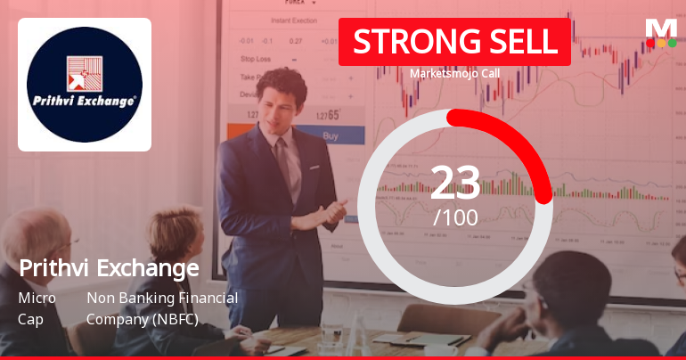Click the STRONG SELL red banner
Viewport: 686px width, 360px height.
[x=454, y=42]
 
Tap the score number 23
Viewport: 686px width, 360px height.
[x=455, y=183]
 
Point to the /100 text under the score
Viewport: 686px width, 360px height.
[x=455, y=217]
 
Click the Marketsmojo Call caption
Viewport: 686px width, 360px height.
[x=454, y=74]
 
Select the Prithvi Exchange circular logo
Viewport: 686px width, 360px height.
[x=85, y=84]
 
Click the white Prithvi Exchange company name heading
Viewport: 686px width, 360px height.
[x=109, y=267]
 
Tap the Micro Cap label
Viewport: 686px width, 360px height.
[x=37, y=307]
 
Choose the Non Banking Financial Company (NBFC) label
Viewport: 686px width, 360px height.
[x=161, y=307]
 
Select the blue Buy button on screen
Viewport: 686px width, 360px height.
[x=330, y=136]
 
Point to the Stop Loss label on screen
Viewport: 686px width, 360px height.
[x=255, y=59]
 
